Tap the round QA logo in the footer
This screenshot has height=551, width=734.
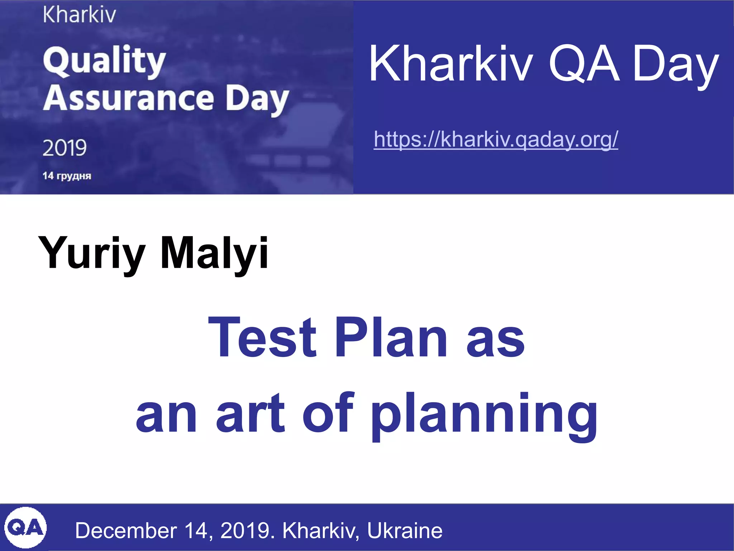click(25, 528)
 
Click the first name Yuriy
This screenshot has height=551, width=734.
click(92, 253)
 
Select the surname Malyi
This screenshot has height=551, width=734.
click(214, 253)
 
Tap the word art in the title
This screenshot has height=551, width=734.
click(250, 413)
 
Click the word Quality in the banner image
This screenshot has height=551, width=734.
click(104, 61)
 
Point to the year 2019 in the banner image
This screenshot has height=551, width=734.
click(65, 147)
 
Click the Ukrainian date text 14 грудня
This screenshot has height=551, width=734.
click(67, 176)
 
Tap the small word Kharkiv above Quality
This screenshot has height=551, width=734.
click(79, 15)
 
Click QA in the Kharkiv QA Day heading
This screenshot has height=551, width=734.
click(584, 64)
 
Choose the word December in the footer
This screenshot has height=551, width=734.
click(126, 531)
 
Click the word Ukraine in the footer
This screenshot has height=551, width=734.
click(405, 531)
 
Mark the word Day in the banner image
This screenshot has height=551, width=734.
click(257, 100)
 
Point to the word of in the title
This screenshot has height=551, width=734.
click(328, 413)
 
